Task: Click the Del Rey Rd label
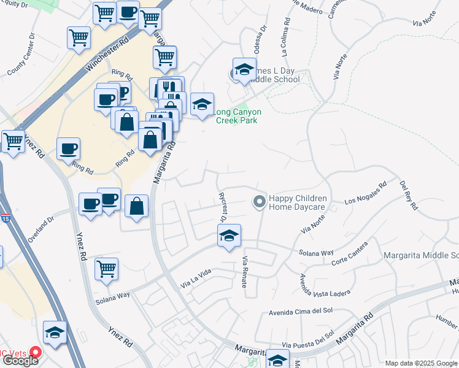pyautogui.click(x=408, y=195)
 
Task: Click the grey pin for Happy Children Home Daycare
pyautogui.click(x=259, y=201)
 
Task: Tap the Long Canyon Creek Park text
pyautogui.click(x=239, y=116)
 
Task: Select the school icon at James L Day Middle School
pyautogui.click(x=244, y=69)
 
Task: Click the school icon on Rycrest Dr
pyautogui.click(x=229, y=236)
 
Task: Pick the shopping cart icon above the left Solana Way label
pyautogui.click(x=107, y=269)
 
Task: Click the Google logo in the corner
pyautogui.click(x=21, y=361)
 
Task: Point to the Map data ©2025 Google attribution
pyautogui.click(x=421, y=363)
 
